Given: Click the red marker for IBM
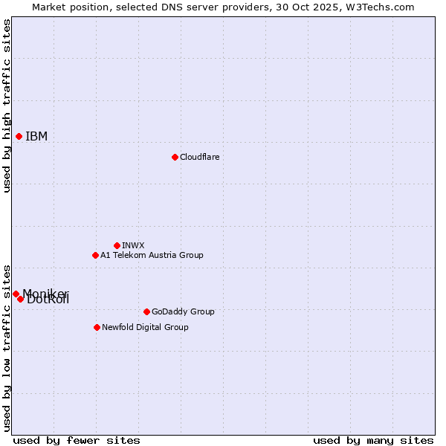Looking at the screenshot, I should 19,136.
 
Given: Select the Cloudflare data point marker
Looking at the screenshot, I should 175,157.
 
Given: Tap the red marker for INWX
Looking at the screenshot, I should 117,245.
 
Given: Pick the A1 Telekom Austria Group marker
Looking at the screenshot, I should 95,255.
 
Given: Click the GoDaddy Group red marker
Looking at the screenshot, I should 146,311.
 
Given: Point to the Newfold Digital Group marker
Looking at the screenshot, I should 97,327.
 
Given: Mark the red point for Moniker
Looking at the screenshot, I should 16,294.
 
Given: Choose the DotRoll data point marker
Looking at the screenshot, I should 20,299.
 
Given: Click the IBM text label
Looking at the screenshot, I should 36,136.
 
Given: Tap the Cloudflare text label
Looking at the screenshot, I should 199,157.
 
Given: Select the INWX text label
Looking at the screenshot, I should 133,245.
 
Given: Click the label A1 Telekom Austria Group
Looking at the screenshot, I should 152,255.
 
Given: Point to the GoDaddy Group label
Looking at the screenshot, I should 183,311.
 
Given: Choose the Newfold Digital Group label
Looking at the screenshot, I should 145,327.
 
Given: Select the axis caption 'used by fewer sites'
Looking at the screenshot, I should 77,440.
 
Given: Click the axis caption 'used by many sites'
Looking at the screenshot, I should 373,440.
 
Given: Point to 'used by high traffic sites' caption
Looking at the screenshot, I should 7,106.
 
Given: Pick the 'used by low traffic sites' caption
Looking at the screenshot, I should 7,347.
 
